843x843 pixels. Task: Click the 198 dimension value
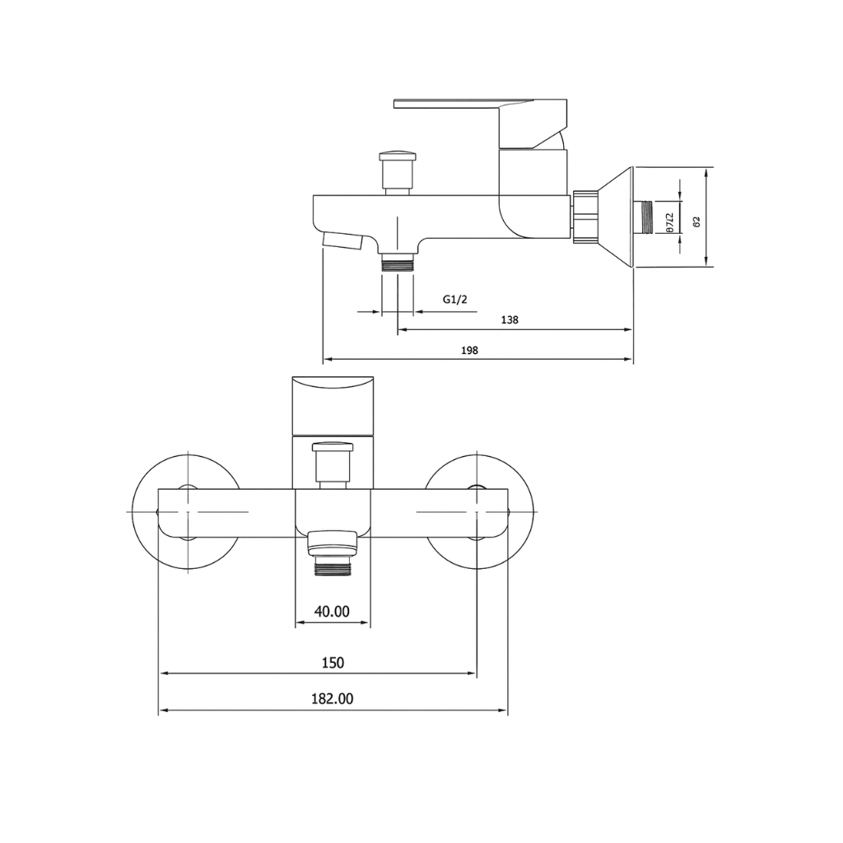[x=470, y=350]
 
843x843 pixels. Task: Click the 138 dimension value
[x=510, y=320]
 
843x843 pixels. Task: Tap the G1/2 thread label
[x=454, y=300]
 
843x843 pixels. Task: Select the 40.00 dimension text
[x=333, y=611]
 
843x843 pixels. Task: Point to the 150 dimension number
[x=333, y=663]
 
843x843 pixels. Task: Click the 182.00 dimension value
[x=333, y=699]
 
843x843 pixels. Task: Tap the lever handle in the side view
[x=461, y=105]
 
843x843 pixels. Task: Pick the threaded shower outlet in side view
[x=398, y=264]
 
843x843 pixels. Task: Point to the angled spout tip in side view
[x=342, y=240]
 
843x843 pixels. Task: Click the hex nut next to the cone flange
[x=585, y=218]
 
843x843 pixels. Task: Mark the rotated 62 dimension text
[x=696, y=221]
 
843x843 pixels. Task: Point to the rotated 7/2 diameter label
[x=670, y=222]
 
